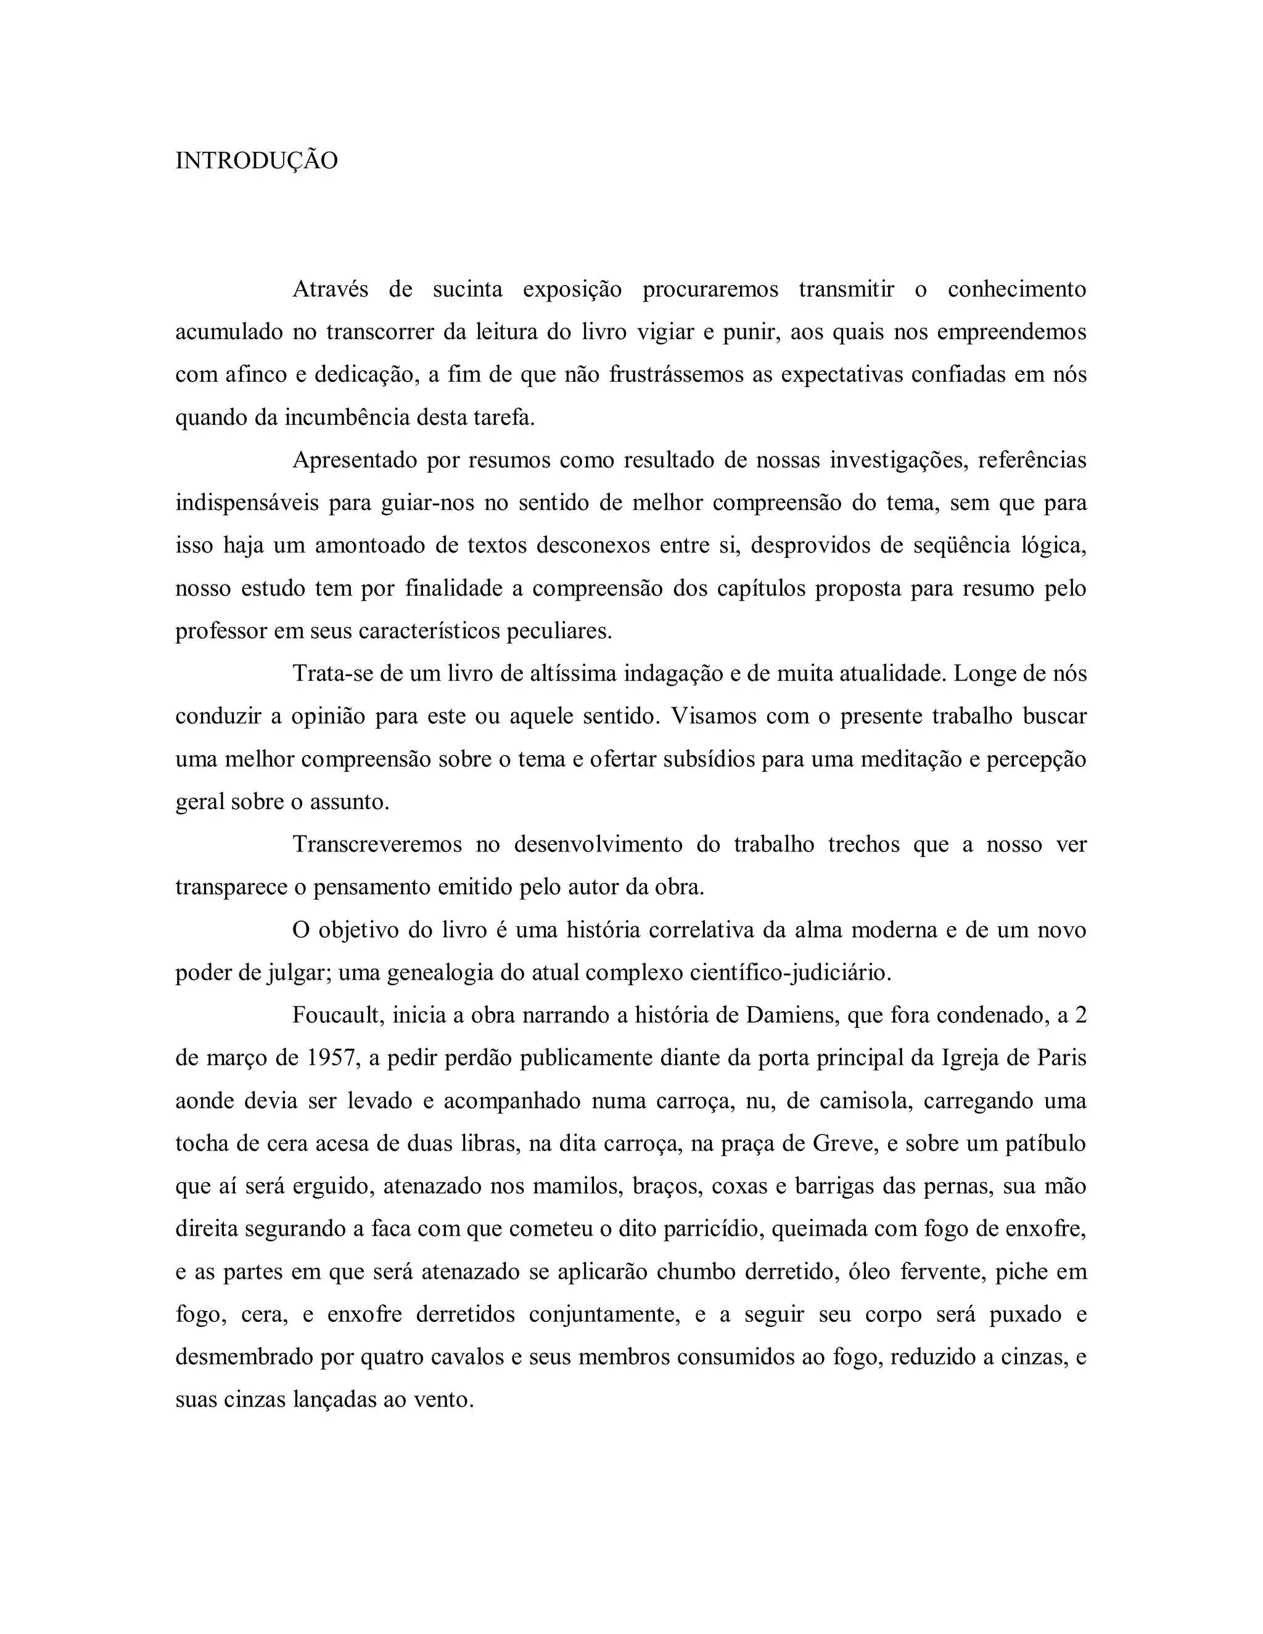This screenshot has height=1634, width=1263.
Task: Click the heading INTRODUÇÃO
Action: click(x=256, y=161)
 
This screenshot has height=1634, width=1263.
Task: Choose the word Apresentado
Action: click(x=354, y=460)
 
